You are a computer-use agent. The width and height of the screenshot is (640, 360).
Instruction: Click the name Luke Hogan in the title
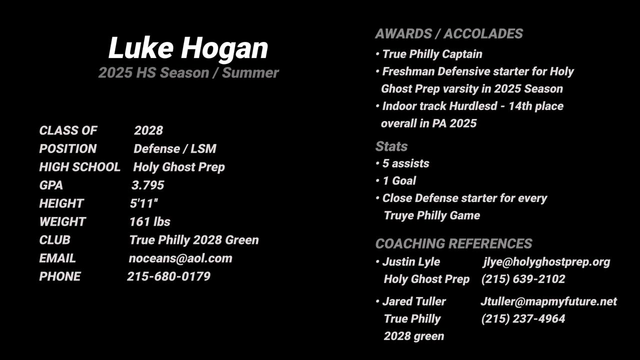(188, 48)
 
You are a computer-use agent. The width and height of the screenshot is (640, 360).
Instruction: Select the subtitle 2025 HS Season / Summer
(188, 72)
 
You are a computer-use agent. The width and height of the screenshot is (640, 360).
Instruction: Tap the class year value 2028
(148, 130)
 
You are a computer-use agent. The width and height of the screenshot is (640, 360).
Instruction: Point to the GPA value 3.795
(148, 185)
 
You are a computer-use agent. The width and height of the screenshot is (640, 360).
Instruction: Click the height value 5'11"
(143, 203)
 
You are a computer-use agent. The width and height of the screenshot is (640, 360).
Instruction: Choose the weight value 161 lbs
(150, 221)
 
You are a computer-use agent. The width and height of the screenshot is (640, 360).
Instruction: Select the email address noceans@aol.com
(180, 258)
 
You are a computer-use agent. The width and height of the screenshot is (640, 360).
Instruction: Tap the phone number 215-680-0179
(169, 276)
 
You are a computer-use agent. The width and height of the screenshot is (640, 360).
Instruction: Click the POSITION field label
(68, 148)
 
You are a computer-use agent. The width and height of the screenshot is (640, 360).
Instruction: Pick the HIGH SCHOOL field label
(79, 167)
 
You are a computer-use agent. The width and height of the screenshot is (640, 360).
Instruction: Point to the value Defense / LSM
(175, 148)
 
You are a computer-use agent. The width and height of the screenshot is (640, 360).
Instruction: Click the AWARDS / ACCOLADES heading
(449, 33)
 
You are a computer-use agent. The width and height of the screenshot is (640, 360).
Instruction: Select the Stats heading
(391, 146)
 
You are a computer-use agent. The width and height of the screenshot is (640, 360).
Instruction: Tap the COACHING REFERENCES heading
(453, 243)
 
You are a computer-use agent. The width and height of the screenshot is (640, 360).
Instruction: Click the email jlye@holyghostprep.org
(546, 262)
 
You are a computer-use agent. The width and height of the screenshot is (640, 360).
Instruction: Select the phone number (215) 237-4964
(523, 318)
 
